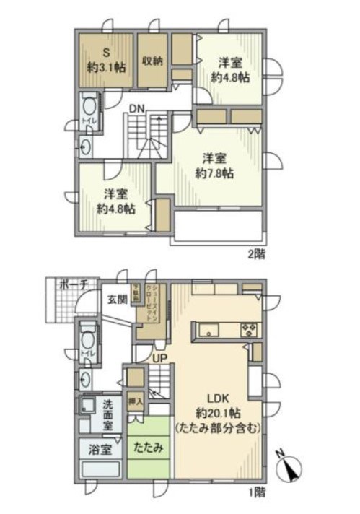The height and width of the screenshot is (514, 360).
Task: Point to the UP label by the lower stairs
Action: point(159,357)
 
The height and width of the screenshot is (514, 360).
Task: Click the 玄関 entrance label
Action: point(117,298)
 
